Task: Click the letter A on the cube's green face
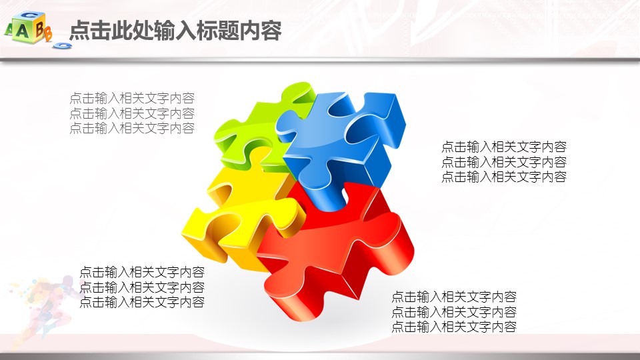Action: click(22, 31)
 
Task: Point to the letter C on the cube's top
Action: click(29, 15)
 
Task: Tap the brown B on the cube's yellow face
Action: click(39, 29)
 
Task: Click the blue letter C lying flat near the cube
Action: click(63, 46)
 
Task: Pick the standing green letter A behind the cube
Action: click(9, 29)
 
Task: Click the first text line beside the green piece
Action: click(132, 98)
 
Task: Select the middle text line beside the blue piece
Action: click(504, 161)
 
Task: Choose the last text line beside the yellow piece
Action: click(142, 302)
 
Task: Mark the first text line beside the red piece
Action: click(454, 296)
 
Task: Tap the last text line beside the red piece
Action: click(454, 327)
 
